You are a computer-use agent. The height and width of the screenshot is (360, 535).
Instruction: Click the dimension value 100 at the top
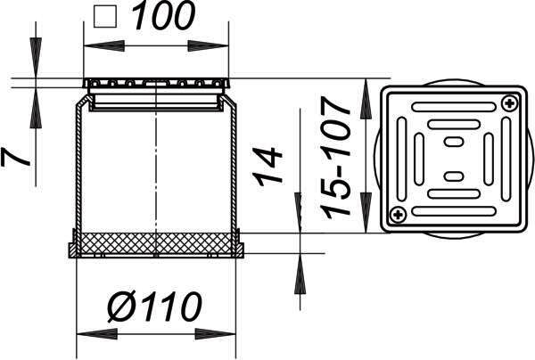(x=163, y=15)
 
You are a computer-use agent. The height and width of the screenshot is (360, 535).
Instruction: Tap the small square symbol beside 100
(x=105, y=17)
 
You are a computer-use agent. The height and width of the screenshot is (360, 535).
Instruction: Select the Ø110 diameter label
(x=155, y=307)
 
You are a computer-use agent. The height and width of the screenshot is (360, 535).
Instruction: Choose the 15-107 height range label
(x=335, y=158)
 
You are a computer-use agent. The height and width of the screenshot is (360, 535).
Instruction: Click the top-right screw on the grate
(x=509, y=102)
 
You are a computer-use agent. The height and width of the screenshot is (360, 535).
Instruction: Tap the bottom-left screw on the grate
(x=397, y=215)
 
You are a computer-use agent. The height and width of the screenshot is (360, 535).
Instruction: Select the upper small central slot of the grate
(x=454, y=142)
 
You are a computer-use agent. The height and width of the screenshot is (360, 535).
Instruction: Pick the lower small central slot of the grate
(x=454, y=176)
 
